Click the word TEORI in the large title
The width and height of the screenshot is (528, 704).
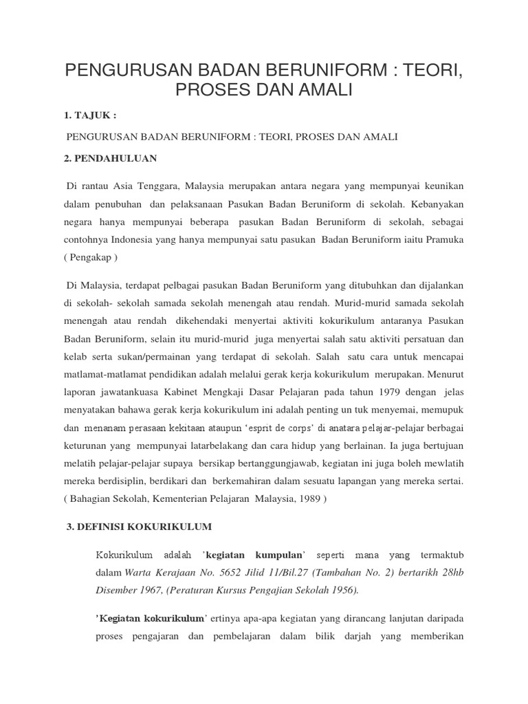424,71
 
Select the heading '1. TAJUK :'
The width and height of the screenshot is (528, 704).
95,115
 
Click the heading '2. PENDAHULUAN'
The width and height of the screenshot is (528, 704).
111,159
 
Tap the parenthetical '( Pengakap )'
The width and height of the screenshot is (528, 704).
92,257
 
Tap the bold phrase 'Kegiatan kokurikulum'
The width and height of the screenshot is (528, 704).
151,617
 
